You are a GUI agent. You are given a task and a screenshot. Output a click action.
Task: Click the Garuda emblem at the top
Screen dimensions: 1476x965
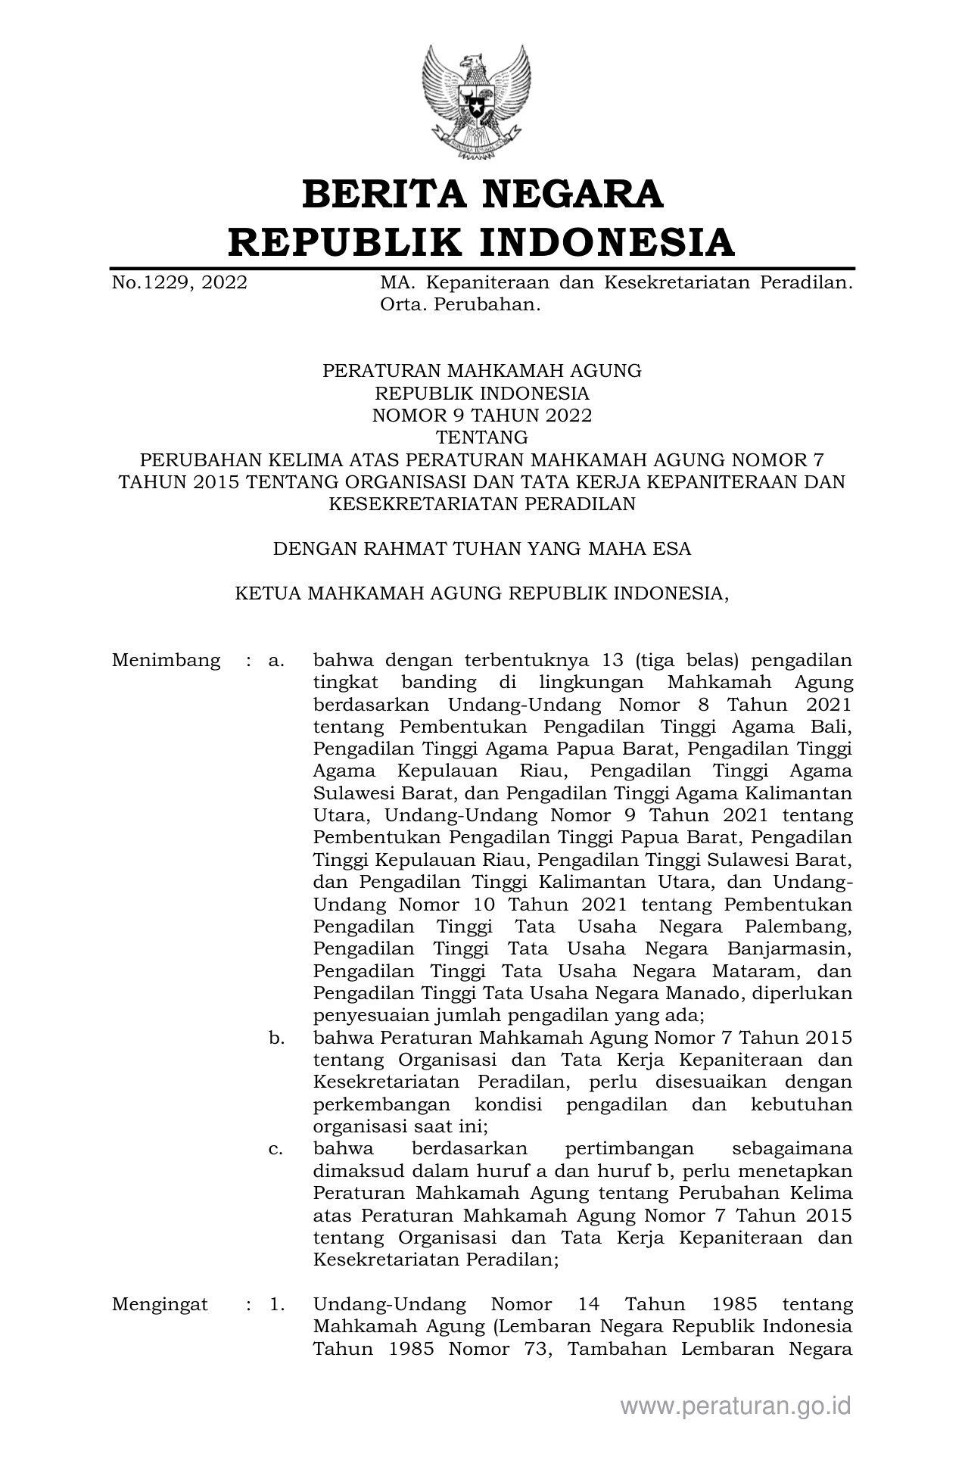[475, 101]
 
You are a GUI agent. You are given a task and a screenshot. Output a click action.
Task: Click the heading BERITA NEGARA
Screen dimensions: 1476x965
[482, 194]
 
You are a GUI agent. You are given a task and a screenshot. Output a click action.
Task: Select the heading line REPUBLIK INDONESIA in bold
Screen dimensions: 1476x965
[482, 241]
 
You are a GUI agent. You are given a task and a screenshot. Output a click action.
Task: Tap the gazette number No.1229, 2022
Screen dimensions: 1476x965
[179, 283]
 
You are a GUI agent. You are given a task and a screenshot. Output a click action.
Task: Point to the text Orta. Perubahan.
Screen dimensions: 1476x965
[461, 305]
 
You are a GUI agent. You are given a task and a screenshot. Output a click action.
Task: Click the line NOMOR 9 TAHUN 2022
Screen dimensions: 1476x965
[482, 416]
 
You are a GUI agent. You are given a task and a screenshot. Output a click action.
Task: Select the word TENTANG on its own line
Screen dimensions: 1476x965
[482, 438]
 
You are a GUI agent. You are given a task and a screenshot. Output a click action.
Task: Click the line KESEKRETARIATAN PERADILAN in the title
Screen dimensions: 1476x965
[482, 504]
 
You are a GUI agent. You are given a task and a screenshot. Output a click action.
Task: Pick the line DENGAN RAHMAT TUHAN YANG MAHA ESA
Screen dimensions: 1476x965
[482, 549]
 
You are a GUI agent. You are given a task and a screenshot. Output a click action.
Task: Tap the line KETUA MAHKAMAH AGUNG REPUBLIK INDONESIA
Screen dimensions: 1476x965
[482, 593]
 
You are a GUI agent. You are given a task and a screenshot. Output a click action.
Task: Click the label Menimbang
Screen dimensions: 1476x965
[167, 660]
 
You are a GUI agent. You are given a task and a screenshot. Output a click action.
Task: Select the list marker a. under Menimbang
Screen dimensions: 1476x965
[276, 660]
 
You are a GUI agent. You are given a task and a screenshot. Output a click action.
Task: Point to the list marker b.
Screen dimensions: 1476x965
[276, 1038]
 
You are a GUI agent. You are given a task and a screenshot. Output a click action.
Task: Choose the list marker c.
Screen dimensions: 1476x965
[276, 1149]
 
